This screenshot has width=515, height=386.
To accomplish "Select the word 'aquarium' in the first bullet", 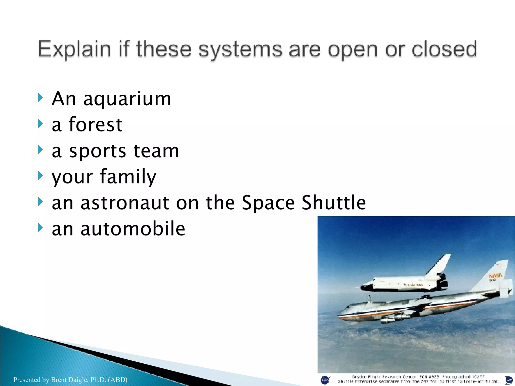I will click(x=127, y=99).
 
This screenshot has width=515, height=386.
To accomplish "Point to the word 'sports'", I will click(x=97, y=152).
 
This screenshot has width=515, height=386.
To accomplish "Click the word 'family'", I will click(x=128, y=177).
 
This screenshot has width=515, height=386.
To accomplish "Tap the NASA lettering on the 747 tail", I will click(x=495, y=276).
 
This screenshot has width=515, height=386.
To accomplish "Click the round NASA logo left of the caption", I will click(x=325, y=380).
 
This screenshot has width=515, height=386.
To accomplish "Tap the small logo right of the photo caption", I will click(x=508, y=380).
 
